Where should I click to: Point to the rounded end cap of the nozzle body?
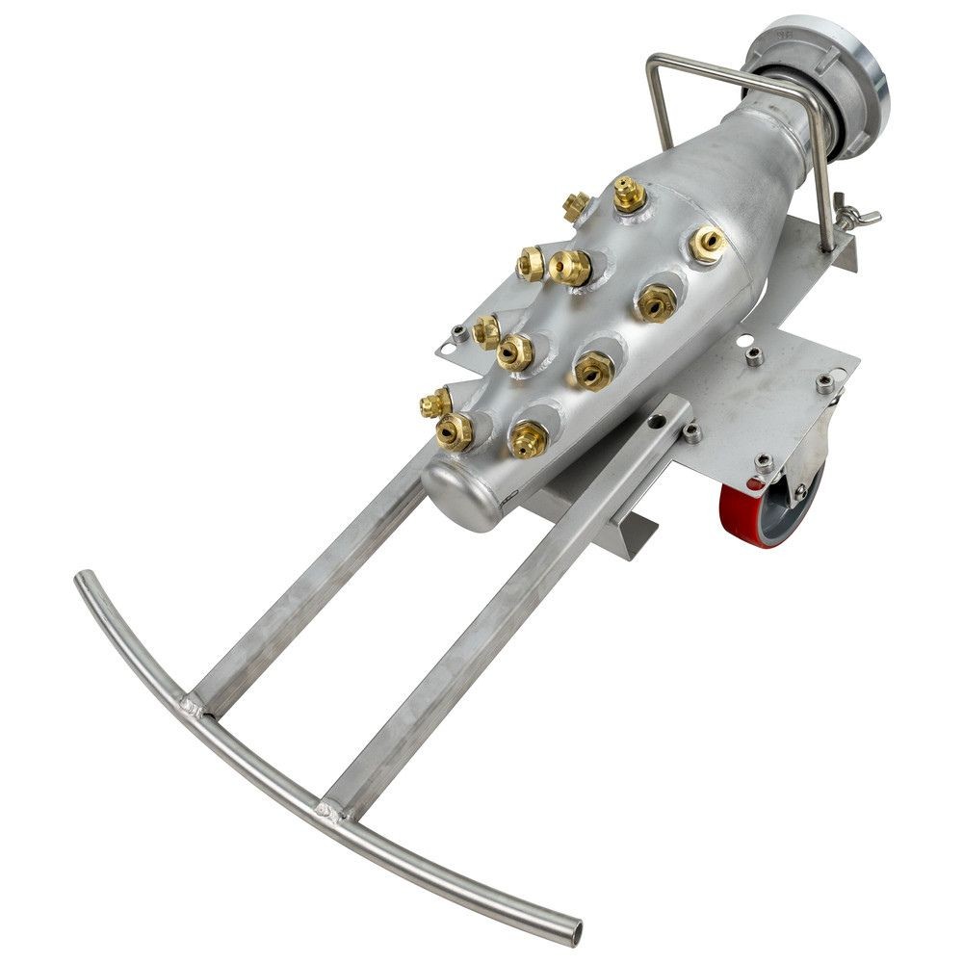[460, 492]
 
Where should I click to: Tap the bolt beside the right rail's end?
[691, 432]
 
